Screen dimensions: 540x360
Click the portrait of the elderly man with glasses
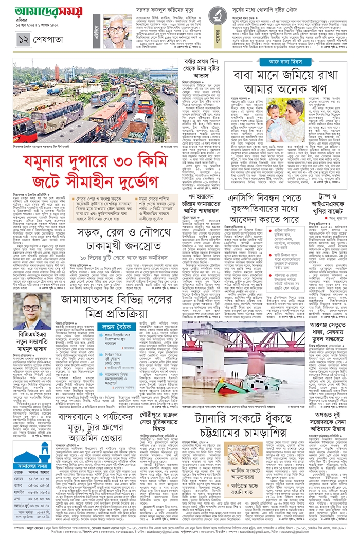click(117, 31)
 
